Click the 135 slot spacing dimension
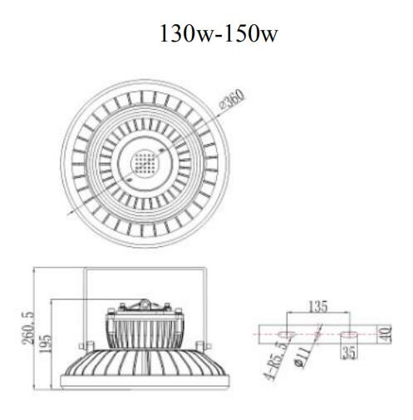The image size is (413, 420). pyautogui.click(x=317, y=305)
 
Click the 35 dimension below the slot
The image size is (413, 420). pyautogui.click(x=349, y=353)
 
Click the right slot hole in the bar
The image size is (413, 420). pyautogui.click(x=349, y=334)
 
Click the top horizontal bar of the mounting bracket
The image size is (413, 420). pyautogui.click(x=145, y=269)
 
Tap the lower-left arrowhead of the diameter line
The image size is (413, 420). pyautogui.click(x=69, y=212)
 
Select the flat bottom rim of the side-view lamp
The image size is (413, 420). pyautogui.click(x=145, y=389)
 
